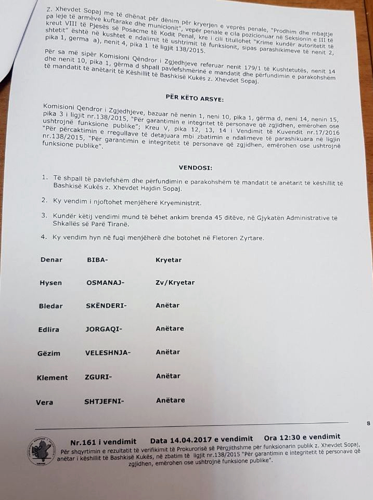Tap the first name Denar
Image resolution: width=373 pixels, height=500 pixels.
tap(51, 260)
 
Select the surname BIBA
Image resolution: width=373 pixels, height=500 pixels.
tap(97, 260)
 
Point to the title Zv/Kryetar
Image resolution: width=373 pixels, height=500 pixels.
tap(175, 283)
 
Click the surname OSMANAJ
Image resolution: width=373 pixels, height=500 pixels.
tap(105, 283)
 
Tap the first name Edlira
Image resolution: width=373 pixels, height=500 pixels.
tap(49, 329)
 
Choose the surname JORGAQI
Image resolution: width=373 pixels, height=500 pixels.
tap(104, 329)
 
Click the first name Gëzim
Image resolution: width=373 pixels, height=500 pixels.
tap(49, 353)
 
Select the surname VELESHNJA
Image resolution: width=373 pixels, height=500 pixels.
tap(108, 352)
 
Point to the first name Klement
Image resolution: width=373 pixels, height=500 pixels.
tap(52, 378)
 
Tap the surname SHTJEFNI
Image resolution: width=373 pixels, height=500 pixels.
tap(104, 401)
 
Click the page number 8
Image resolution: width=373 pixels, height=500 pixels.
tap(368, 424)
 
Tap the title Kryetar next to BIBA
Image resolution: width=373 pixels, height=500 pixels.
tap(169, 260)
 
